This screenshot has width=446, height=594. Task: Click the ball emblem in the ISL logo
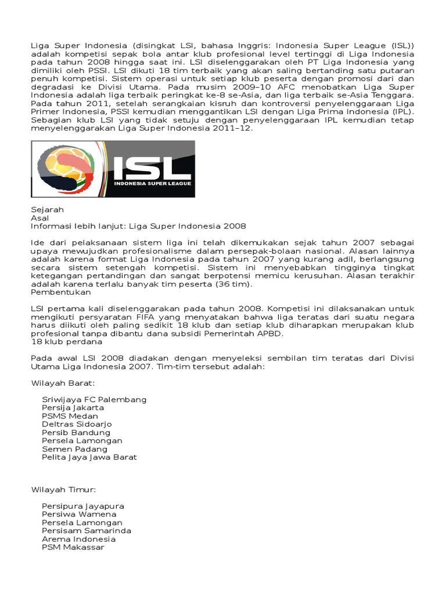pyautogui.click(x=57, y=168)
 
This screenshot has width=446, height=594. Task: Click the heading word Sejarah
pyautogui.click(x=47, y=209)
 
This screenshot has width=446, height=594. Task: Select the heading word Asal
pyautogui.click(x=40, y=218)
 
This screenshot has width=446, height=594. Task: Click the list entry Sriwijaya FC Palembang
pyautogui.click(x=94, y=400)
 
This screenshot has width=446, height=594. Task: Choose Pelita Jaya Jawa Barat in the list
pyautogui.click(x=89, y=457)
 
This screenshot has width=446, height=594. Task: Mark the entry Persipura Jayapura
pyautogui.click(x=83, y=506)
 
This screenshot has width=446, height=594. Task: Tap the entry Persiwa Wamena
pyautogui.click(x=79, y=514)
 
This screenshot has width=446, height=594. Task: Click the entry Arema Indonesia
pyautogui.click(x=78, y=539)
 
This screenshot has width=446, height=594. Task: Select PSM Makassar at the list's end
pyautogui.click(x=73, y=547)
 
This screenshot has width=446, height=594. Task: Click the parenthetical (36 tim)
pyautogui.click(x=234, y=285)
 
